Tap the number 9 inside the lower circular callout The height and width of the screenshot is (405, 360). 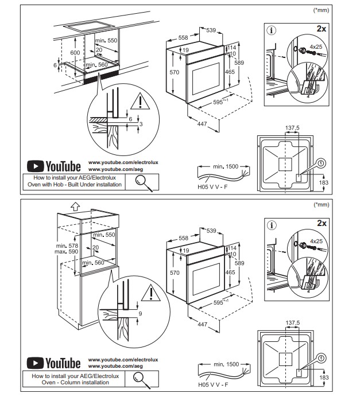(141, 313)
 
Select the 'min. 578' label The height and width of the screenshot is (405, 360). (70, 245)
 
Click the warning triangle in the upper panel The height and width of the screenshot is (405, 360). (139, 102)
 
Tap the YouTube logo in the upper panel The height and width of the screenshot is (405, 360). (55, 166)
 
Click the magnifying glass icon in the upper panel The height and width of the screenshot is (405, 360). (144, 182)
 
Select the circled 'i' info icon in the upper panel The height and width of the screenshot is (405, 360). (272, 30)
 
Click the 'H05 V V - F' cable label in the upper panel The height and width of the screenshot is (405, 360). (211, 186)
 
